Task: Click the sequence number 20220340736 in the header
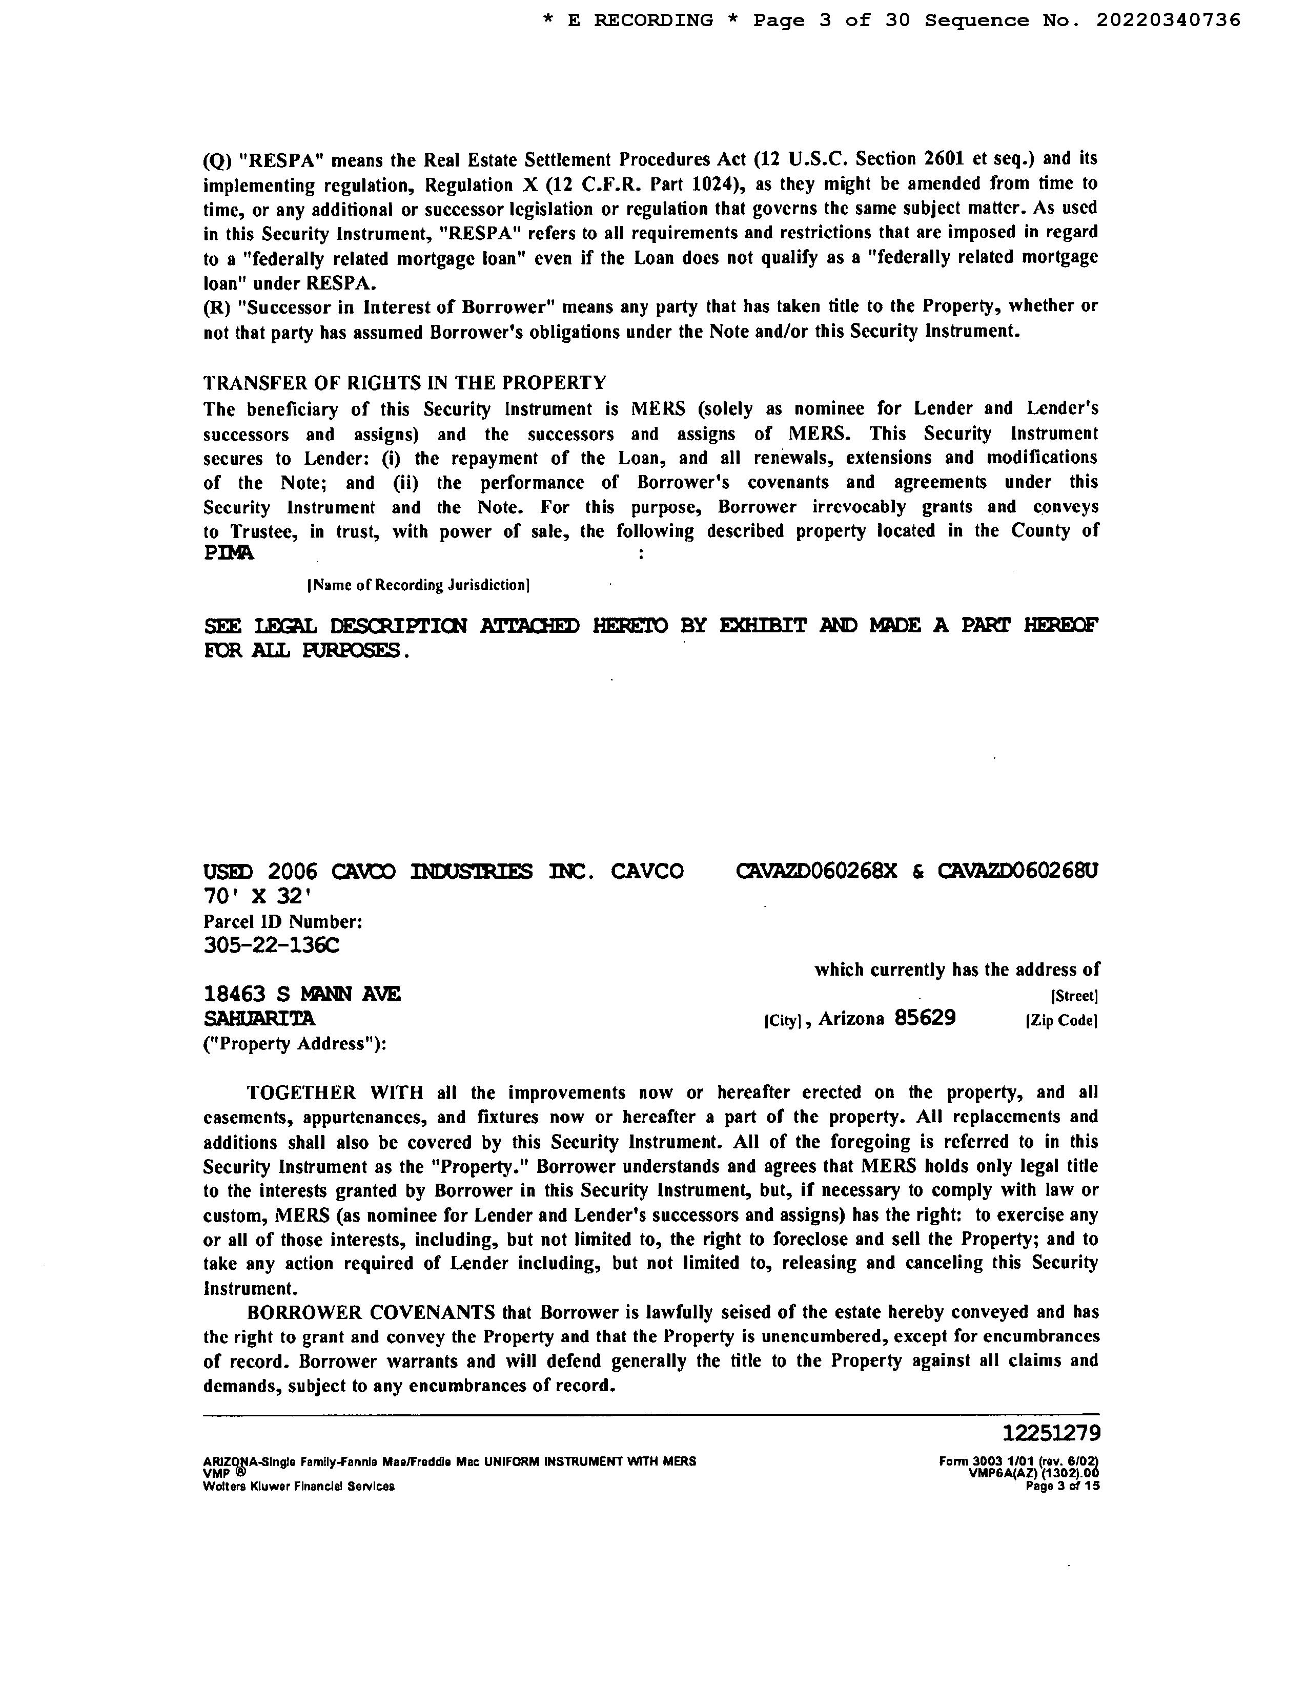click(1168, 20)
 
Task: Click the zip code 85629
click(925, 1017)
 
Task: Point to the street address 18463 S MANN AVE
click(302, 994)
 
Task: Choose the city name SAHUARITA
click(259, 1017)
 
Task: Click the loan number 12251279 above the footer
click(1051, 1433)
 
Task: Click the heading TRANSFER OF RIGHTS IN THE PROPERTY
click(404, 382)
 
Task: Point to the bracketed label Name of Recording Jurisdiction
click(418, 585)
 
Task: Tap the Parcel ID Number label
click(282, 921)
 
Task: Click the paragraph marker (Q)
click(217, 160)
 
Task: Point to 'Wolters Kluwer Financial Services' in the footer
click(299, 1486)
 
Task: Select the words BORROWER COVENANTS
click(370, 1312)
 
